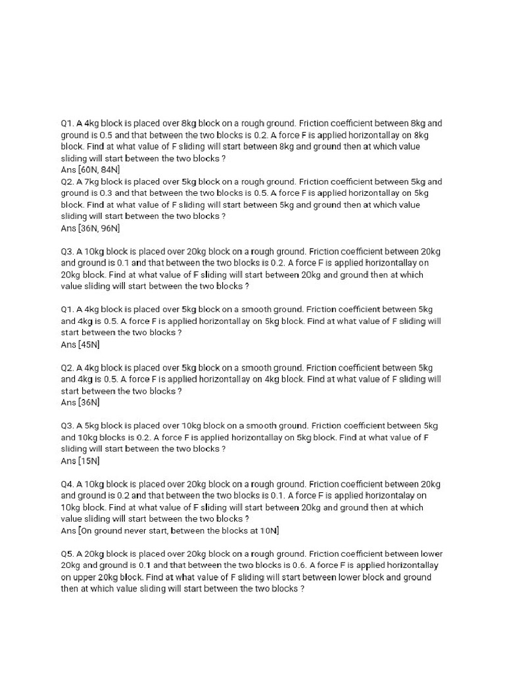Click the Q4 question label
(67, 484)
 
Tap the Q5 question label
(67, 553)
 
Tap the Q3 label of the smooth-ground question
(67, 425)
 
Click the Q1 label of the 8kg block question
(67, 123)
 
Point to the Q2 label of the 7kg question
(67, 181)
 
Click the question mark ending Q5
(302, 589)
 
